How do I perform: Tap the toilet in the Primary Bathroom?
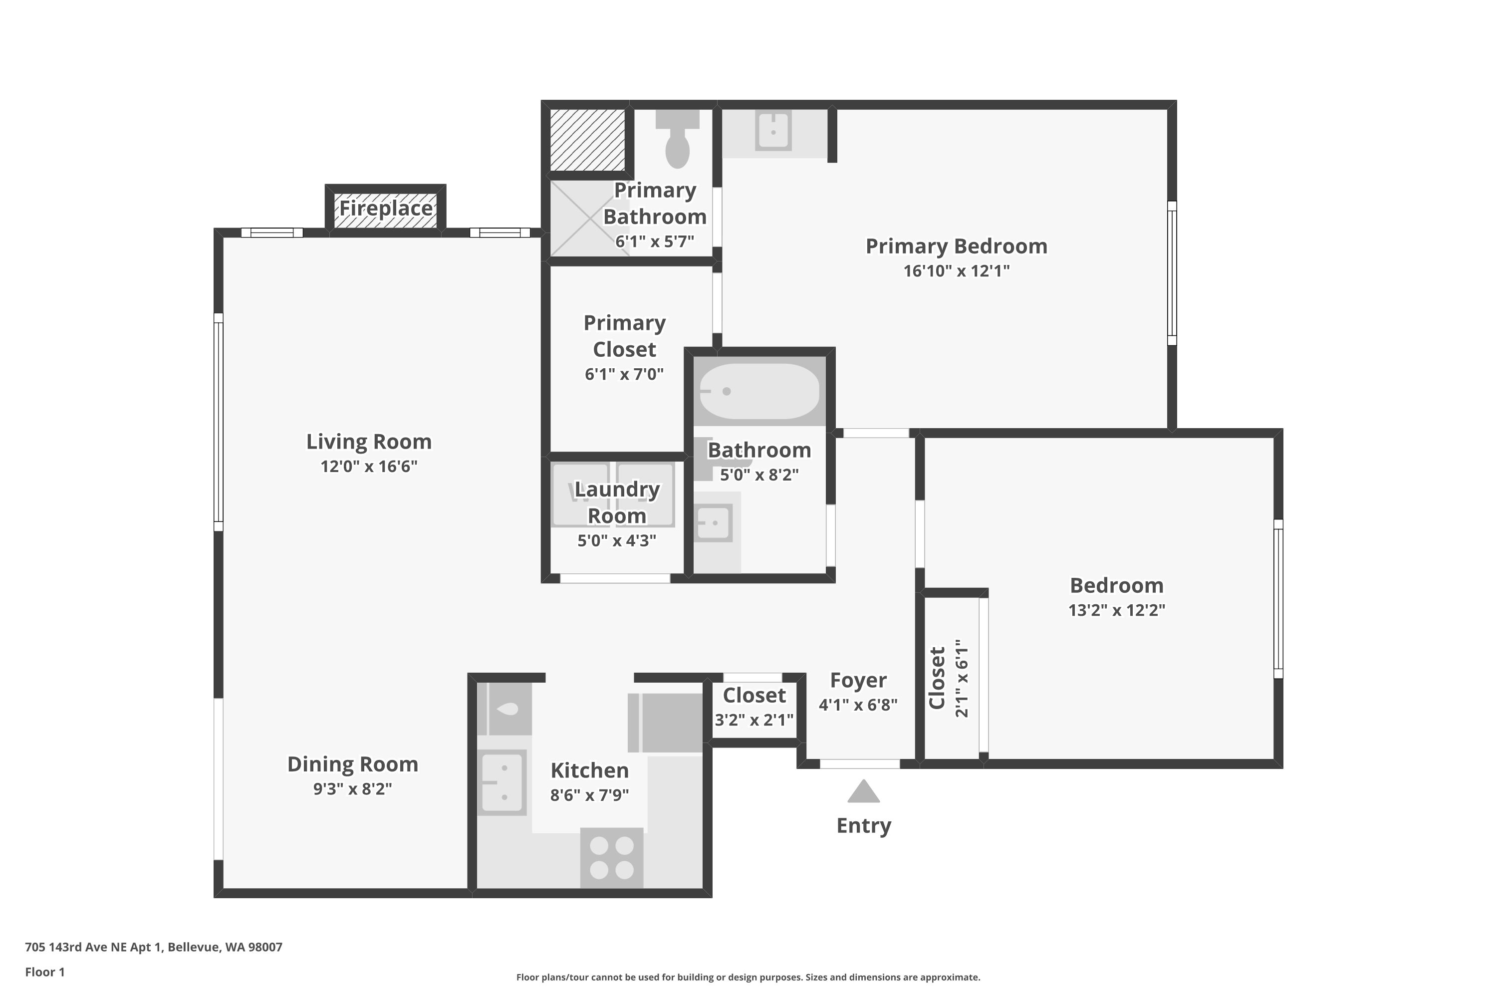point(677,139)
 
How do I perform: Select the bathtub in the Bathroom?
point(759,391)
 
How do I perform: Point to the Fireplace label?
point(386,208)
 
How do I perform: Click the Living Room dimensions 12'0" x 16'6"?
point(369,467)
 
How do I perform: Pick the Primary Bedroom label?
point(956,247)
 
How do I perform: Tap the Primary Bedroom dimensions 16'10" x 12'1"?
point(956,271)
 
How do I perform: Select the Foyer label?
point(858,681)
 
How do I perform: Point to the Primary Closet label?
point(624,336)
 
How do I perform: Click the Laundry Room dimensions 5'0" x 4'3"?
point(616,541)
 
